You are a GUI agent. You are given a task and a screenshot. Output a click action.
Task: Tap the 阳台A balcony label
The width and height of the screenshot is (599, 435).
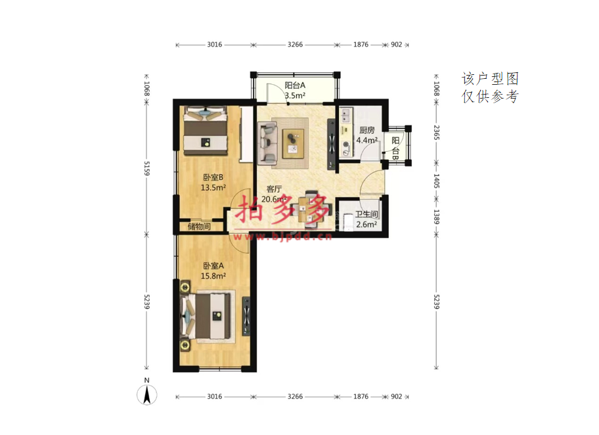tap(295, 85)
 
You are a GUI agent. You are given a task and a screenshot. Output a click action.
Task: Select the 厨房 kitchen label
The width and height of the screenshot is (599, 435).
tap(366, 130)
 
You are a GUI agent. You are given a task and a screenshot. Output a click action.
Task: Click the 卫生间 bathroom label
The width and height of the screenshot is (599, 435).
tap(366, 214)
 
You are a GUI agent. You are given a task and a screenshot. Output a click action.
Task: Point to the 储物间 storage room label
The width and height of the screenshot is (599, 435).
tap(199, 226)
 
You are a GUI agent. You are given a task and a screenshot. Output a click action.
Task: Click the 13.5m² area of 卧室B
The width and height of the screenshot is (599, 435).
tap(213, 188)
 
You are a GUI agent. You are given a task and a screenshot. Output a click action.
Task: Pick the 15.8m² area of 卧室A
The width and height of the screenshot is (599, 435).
tap(213, 276)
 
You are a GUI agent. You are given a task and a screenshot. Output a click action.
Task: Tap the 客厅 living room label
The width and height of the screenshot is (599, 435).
tap(274, 189)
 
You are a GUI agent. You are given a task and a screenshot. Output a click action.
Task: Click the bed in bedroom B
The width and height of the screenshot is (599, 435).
tap(206, 131)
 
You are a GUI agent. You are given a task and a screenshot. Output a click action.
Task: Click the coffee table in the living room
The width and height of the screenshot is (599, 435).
tap(293, 143)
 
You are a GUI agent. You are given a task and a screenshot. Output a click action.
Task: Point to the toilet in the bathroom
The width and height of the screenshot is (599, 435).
tap(349, 221)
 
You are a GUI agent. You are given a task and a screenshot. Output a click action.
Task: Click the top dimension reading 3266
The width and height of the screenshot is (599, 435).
tap(295, 45)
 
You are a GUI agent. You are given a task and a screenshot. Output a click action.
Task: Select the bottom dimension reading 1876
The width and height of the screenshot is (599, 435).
tap(361, 396)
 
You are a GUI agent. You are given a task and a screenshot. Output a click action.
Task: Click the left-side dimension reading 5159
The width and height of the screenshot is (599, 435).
tap(146, 168)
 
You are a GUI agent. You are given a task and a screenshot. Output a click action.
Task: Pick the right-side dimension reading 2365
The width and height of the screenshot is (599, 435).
tap(436, 133)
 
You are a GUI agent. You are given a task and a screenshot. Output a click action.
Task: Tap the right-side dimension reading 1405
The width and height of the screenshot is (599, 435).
tap(436, 181)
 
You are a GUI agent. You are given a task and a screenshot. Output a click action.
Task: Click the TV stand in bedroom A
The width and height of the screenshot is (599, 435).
tap(246, 316)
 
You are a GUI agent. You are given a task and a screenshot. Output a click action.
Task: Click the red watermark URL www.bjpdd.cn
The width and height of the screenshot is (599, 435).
tap(282, 237)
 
